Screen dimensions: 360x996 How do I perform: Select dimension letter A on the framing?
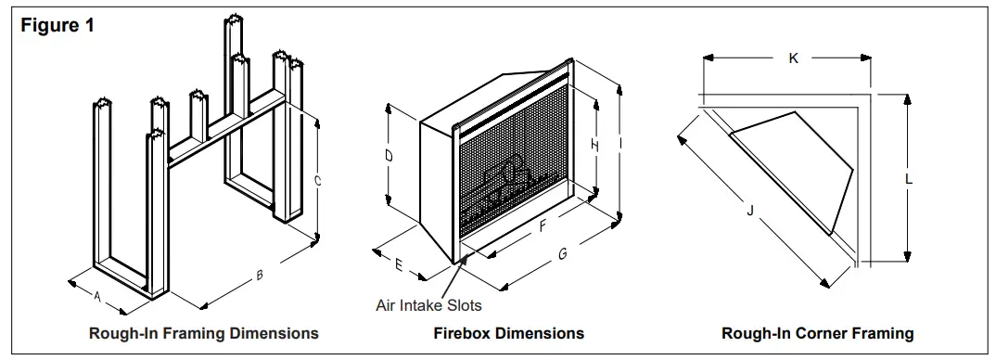click(97, 296)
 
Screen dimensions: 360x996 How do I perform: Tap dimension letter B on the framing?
click(260, 275)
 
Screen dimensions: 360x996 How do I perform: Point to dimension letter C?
click(318, 183)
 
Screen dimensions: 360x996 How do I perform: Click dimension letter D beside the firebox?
click(389, 156)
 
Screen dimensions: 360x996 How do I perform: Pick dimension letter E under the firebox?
click(399, 265)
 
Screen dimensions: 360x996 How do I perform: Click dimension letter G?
click(562, 254)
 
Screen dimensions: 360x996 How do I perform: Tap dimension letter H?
click(594, 146)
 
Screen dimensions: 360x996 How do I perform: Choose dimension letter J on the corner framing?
click(749, 211)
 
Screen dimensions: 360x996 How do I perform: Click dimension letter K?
click(793, 58)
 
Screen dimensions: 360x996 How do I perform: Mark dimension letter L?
click(909, 180)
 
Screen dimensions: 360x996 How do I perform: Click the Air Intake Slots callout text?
click(428, 303)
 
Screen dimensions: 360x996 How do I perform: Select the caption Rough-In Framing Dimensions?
click(203, 332)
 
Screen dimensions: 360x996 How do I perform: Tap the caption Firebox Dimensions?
click(508, 332)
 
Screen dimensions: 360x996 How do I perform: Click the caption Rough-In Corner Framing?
click(817, 333)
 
